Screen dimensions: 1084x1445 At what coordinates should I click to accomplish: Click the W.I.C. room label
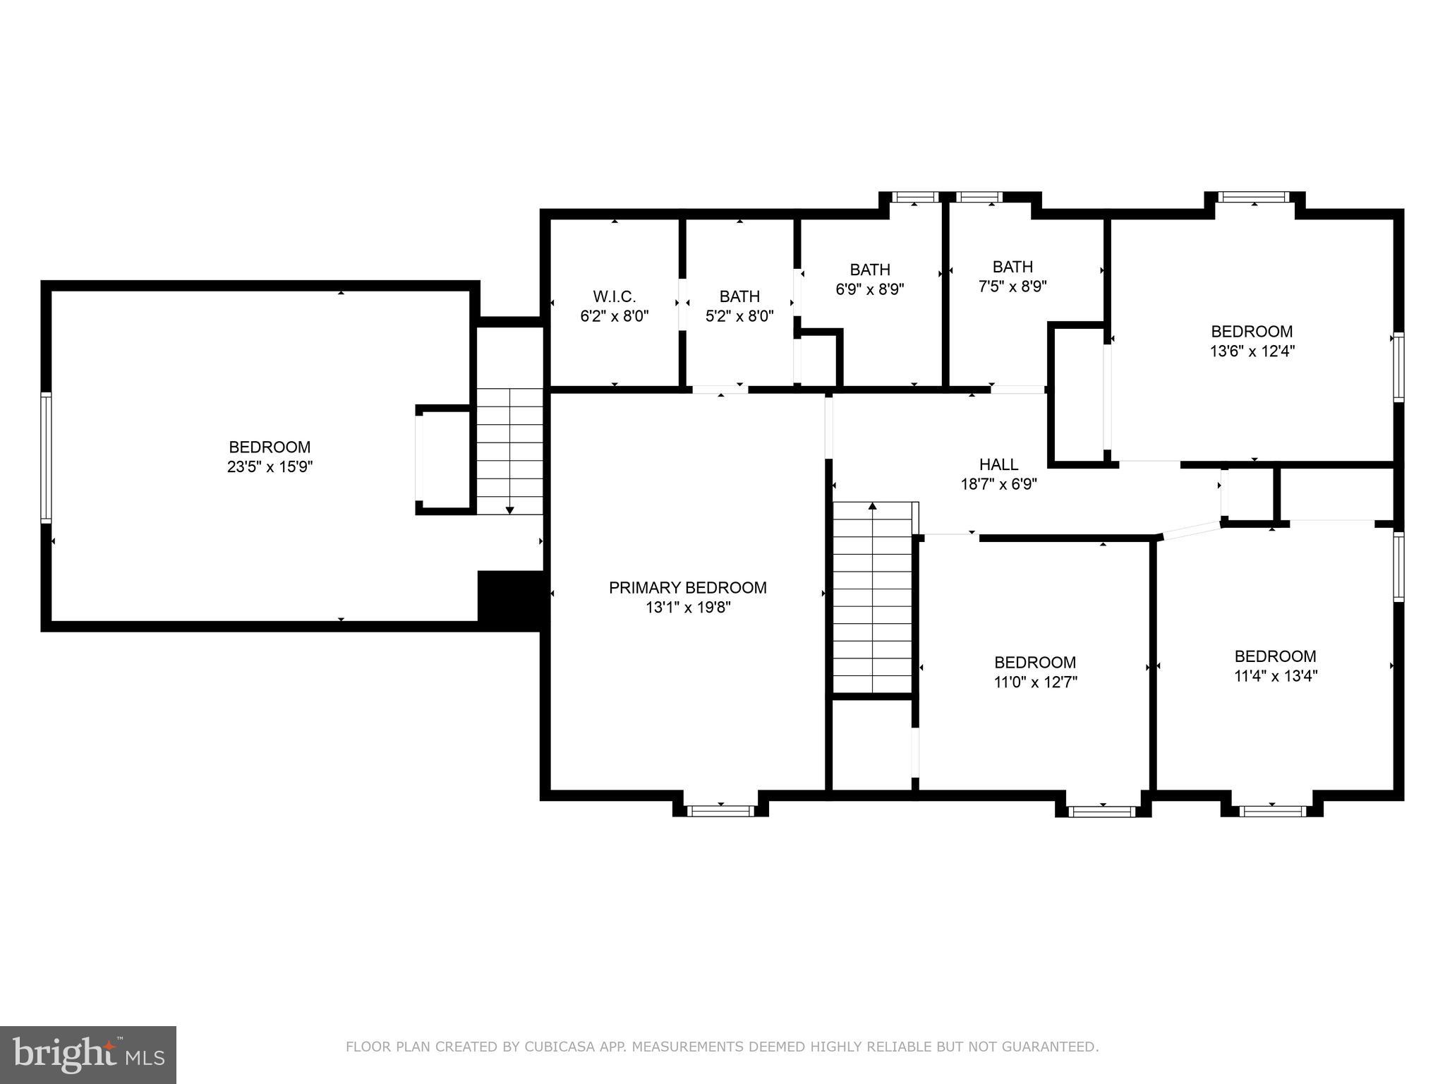(614, 296)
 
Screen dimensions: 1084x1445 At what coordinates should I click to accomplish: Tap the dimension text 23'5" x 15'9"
(270, 466)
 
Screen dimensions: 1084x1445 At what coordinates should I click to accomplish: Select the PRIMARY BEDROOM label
(687, 587)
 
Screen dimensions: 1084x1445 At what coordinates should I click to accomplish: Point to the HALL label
(998, 464)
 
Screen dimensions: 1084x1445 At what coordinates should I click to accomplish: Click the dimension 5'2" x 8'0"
(739, 316)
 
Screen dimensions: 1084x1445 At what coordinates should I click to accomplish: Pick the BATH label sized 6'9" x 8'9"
(869, 270)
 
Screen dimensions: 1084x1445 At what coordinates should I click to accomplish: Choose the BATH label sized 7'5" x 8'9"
(1012, 267)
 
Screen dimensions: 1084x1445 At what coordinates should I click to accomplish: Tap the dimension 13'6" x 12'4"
(1252, 351)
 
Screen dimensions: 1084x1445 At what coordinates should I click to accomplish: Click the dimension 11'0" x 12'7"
(1035, 682)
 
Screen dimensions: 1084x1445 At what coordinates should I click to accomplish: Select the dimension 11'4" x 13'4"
(1275, 675)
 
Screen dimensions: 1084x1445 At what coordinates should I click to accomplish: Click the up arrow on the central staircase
(873, 507)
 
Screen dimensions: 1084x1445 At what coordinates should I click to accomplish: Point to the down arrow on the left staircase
(509, 509)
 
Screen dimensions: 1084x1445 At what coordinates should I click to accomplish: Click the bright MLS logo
(88, 1054)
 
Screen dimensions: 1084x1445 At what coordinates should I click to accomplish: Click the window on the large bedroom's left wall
(46, 457)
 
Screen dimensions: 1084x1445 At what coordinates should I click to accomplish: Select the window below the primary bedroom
(720, 811)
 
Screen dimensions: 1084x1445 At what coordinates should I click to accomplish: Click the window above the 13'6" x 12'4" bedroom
(1254, 198)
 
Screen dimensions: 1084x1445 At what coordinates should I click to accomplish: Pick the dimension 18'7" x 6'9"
(998, 484)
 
